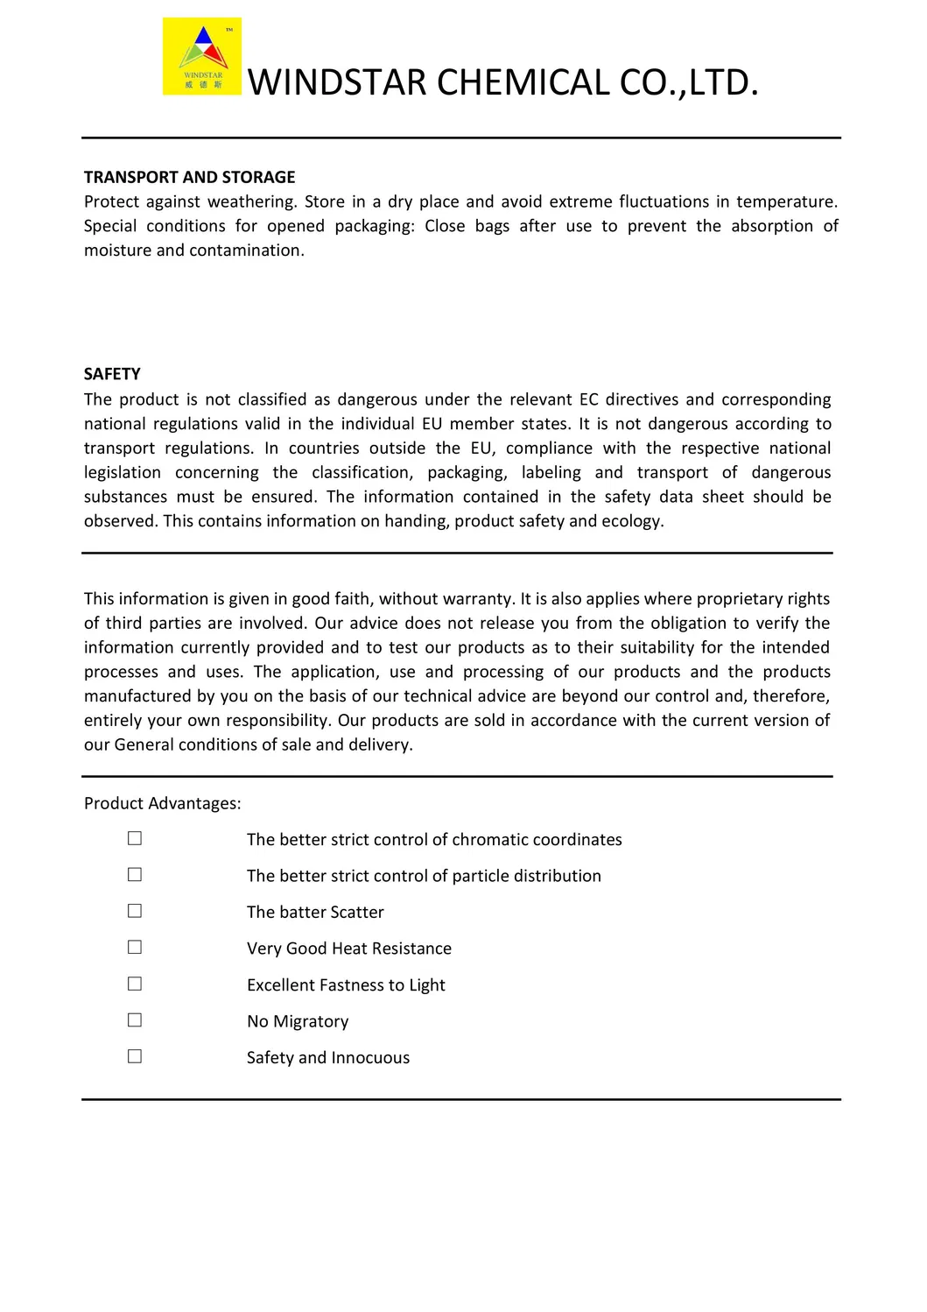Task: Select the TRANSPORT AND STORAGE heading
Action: point(189,177)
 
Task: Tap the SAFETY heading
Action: point(112,374)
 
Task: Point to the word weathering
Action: point(251,202)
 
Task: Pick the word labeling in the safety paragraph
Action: point(551,473)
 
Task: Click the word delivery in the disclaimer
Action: point(379,745)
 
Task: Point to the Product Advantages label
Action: point(162,803)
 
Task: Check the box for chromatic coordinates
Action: point(135,838)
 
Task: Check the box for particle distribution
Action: point(135,875)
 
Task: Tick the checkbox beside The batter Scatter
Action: point(135,911)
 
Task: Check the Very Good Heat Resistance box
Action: point(135,948)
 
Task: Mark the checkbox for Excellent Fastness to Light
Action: point(135,984)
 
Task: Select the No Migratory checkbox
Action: point(135,1020)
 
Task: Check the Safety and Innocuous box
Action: point(135,1056)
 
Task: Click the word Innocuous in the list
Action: point(370,1058)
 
